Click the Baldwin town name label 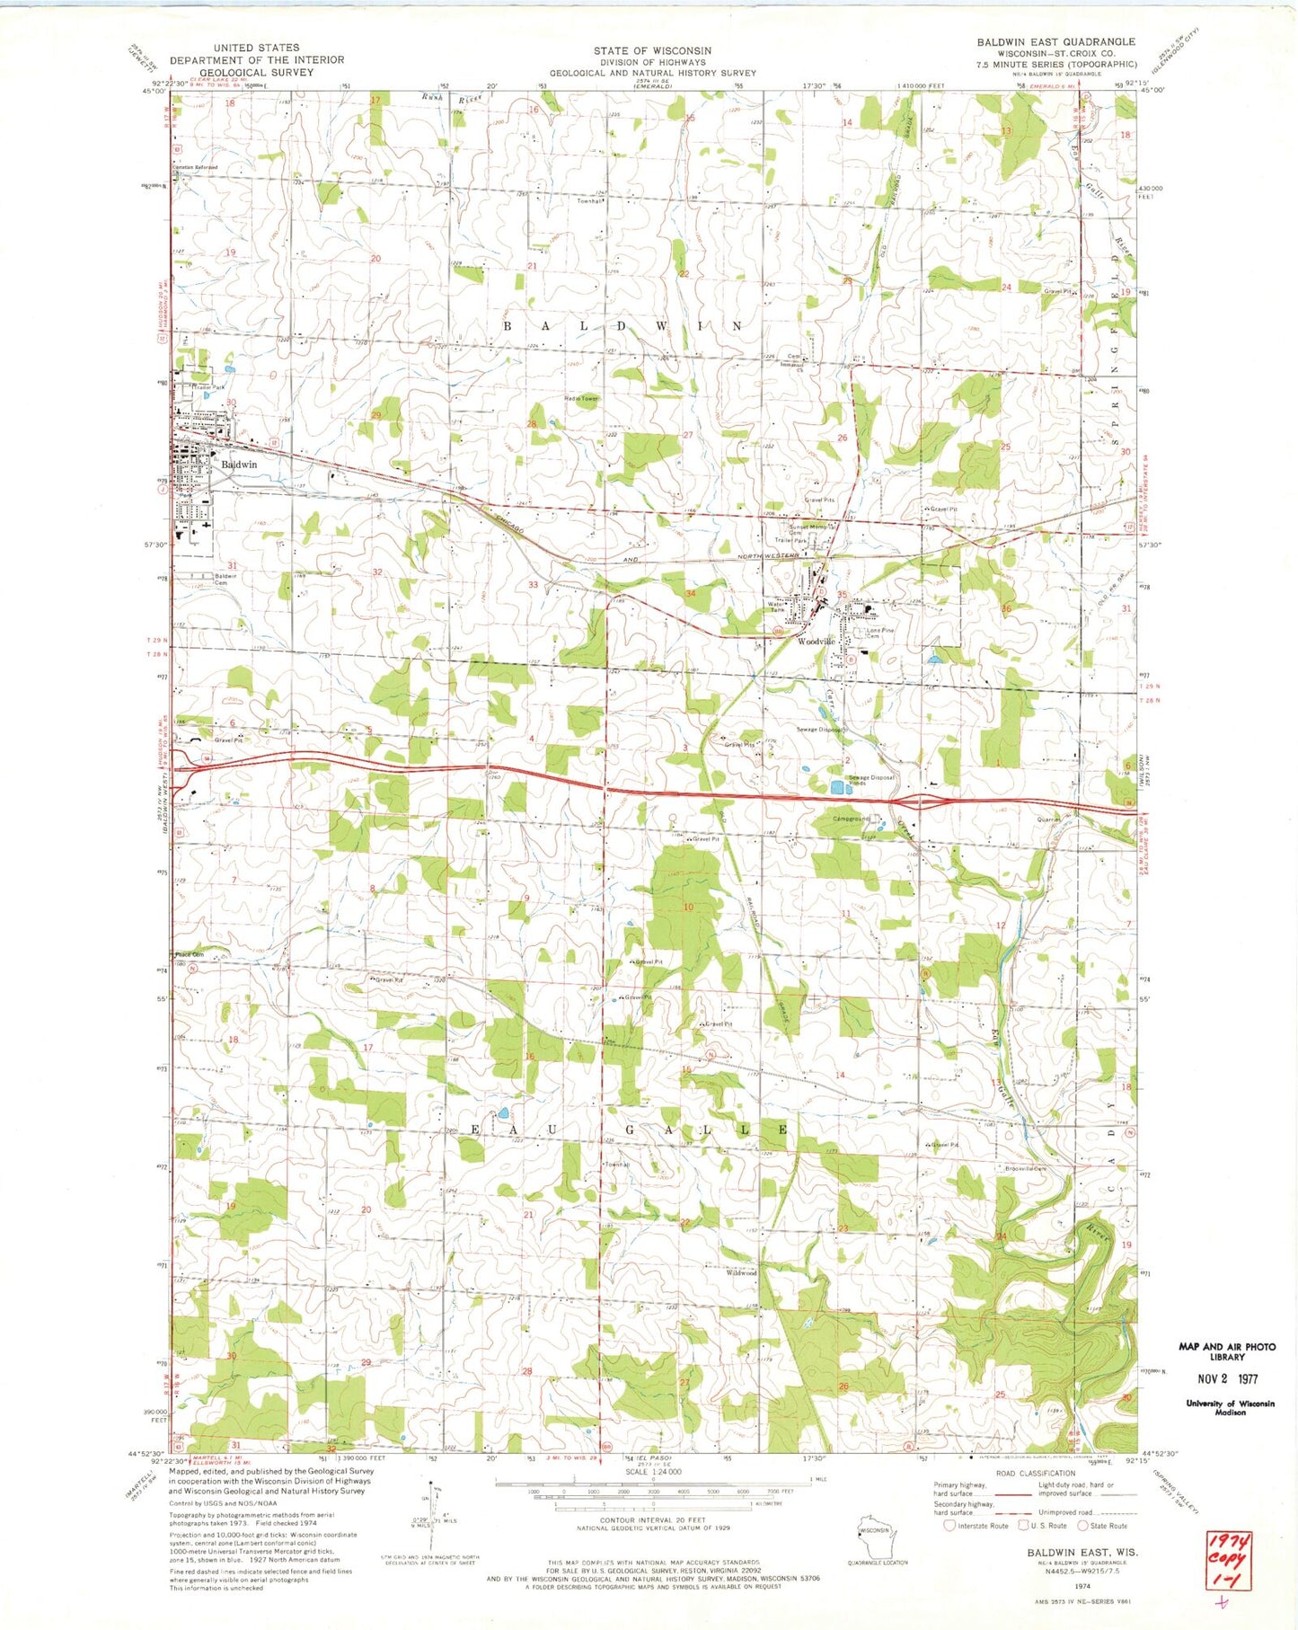239,465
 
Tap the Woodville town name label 817,642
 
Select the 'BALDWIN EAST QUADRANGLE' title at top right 1055,41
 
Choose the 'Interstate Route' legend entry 977,1526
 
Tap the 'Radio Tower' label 555,398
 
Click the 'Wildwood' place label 741,1273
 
